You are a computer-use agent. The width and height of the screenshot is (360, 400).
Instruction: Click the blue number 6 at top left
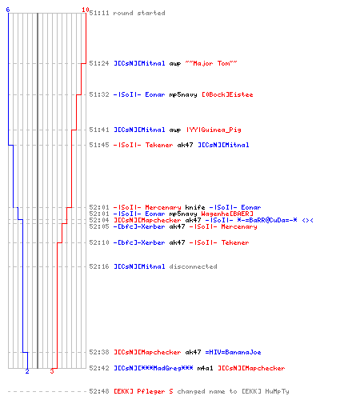(x=8, y=10)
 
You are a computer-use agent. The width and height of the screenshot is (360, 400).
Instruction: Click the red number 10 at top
(x=86, y=10)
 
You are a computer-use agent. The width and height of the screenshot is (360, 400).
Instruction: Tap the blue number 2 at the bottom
(x=27, y=371)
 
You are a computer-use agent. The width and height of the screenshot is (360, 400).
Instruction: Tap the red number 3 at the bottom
(x=52, y=371)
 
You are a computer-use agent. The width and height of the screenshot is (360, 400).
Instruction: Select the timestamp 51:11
(x=99, y=13)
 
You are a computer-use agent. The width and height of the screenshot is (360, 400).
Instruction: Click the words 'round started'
(x=139, y=13)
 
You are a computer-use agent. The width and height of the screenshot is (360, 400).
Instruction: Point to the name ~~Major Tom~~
(x=211, y=63)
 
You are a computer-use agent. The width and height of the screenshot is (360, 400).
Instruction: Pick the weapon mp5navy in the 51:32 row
(x=183, y=94)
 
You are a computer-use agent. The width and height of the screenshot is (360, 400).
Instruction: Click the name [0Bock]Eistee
(x=227, y=94)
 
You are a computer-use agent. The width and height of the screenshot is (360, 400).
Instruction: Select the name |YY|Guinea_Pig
(x=214, y=130)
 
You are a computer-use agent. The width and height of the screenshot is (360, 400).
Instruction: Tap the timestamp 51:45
(x=99, y=145)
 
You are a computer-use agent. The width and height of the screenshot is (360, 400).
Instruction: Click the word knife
(x=195, y=207)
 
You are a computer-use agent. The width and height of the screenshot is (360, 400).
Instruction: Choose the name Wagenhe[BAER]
(x=227, y=214)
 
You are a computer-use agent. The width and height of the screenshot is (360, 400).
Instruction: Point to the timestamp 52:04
(x=99, y=220)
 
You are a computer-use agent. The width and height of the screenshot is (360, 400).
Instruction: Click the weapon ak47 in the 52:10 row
(x=177, y=242)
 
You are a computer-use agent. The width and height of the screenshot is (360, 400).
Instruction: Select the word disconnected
(x=193, y=266)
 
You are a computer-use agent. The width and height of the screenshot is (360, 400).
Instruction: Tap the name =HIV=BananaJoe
(x=233, y=352)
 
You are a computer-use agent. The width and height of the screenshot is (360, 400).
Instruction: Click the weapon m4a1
(x=205, y=368)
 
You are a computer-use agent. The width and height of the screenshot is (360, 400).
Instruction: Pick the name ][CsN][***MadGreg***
(x=154, y=368)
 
